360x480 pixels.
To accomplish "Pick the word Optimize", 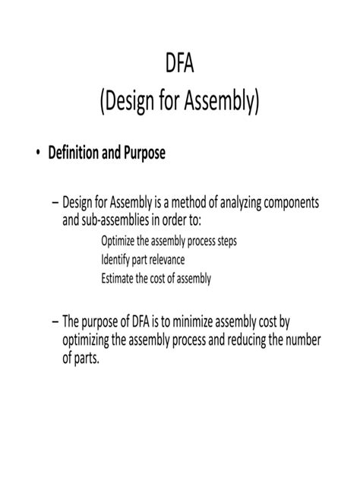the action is (118, 242).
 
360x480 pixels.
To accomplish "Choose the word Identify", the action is (116, 260).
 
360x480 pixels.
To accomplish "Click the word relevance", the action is (170, 260).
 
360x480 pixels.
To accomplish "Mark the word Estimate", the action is (118, 278).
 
